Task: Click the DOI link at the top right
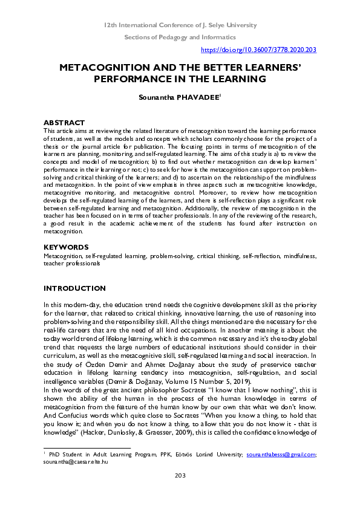coord(258,50)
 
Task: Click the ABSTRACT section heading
coord(64,123)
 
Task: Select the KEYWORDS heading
coord(66,247)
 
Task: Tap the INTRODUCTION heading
coord(74,288)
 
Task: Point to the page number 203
coord(180,493)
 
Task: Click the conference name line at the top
coord(180,25)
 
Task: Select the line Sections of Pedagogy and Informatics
coord(180,37)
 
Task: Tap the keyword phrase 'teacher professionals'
coord(71,264)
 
